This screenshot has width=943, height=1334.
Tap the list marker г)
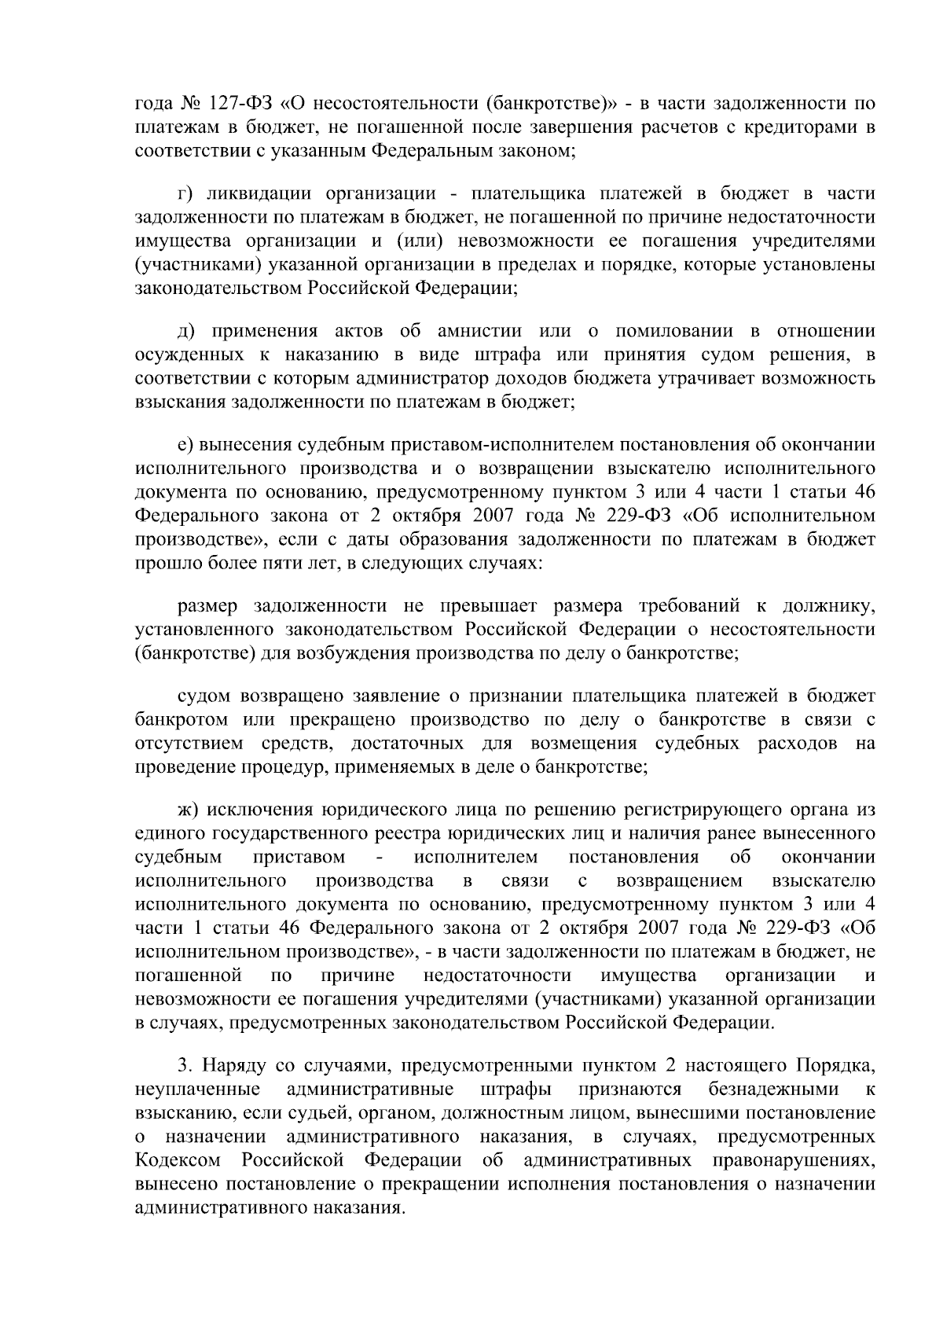coord(185,193)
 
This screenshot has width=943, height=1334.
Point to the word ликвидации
coord(262,193)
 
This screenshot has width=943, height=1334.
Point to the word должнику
coord(828,606)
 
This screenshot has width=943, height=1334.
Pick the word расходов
coord(796,744)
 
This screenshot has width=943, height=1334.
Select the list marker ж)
coord(188,810)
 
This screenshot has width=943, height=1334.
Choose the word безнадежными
coord(772,1090)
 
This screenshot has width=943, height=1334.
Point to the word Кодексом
coord(178,1160)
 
